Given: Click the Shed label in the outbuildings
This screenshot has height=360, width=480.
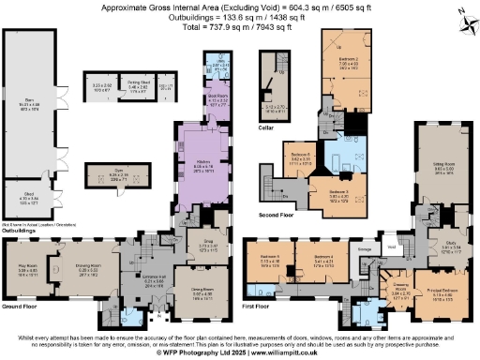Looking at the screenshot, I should (x=28, y=197).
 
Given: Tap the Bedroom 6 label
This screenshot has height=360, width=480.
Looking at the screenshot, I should (x=301, y=154).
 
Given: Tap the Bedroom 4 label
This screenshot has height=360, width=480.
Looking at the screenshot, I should (x=323, y=256).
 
